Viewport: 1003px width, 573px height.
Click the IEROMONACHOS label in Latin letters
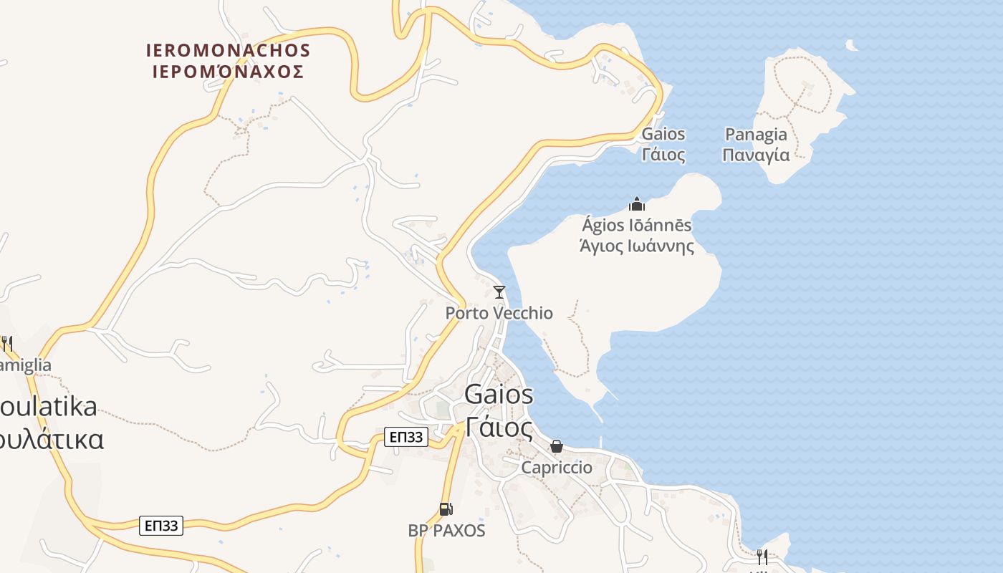click(x=228, y=51)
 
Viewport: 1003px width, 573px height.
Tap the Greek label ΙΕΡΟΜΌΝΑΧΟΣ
click(x=228, y=72)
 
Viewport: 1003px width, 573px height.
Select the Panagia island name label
click(x=756, y=135)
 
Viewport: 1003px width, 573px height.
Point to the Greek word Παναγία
click(x=756, y=155)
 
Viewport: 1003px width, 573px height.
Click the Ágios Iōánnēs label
click(x=637, y=226)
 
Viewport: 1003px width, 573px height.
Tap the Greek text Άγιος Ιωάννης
click(x=637, y=246)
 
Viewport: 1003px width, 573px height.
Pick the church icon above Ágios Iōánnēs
click(x=637, y=205)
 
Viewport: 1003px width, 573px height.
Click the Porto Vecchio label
click(x=499, y=313)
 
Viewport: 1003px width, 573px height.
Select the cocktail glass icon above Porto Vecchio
click(x=499, y=292)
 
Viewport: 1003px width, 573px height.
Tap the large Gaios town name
click(x=499, y=394)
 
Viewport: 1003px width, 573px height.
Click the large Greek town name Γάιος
click(x=499, y=428)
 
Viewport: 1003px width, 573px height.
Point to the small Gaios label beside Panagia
click(x=663, y=135)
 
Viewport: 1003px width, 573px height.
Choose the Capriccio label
click(x=557, y=468)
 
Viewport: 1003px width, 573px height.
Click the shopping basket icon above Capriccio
click(x=557, y=447)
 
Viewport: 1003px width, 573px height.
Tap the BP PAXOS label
click(x=446, y=531)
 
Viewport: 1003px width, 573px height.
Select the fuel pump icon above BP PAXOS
click(x=446, y=509)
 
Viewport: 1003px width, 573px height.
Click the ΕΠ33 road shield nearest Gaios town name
click(x=406, y=437)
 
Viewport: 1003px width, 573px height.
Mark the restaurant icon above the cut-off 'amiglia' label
click(x=6, y=344)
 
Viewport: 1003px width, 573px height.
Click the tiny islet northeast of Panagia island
click(x=851, y=46)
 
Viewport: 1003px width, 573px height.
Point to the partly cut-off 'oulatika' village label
click(x=49, y=407)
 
